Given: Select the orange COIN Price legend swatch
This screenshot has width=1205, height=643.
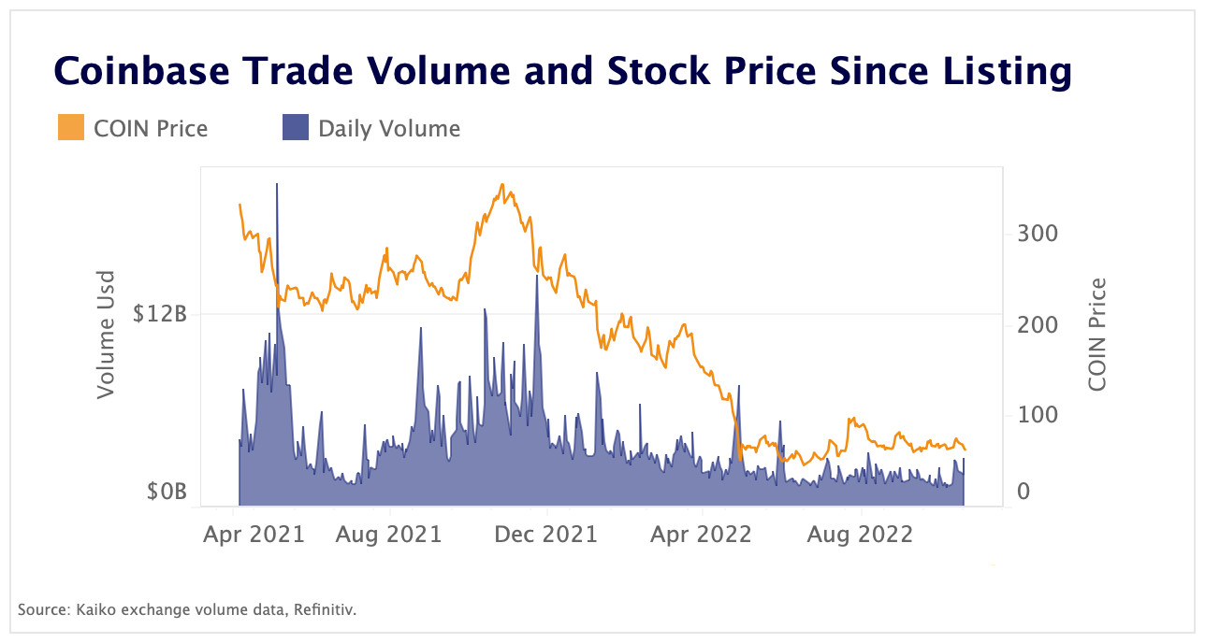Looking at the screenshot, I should [x=71, y=128].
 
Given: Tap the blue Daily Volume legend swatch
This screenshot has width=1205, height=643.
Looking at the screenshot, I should [x=296, y=128].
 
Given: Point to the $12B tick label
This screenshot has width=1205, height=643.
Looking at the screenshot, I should [x=160, y=314].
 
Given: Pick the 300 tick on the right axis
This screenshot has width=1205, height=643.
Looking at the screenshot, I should [x=1038, y=233].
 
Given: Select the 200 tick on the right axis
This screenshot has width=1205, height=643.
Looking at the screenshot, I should [x=1038, y=324].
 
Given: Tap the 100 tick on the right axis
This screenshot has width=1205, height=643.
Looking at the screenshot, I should [x=1038, y=415].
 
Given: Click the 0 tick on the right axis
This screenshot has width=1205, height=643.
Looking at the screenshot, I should [x=1024, y=492].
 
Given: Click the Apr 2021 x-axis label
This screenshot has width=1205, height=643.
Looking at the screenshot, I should [x=254, y=535].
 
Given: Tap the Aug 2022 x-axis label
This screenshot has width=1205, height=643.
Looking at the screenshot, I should [x=859, y=535].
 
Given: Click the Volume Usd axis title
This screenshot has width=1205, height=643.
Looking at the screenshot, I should [x=107, y=335].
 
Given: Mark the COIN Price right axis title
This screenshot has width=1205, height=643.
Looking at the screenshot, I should [x=1097, y=335].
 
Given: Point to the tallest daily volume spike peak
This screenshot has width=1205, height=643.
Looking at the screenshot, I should [x=277, y=185].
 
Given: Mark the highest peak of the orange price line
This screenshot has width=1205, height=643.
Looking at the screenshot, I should [x=502, y=185].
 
